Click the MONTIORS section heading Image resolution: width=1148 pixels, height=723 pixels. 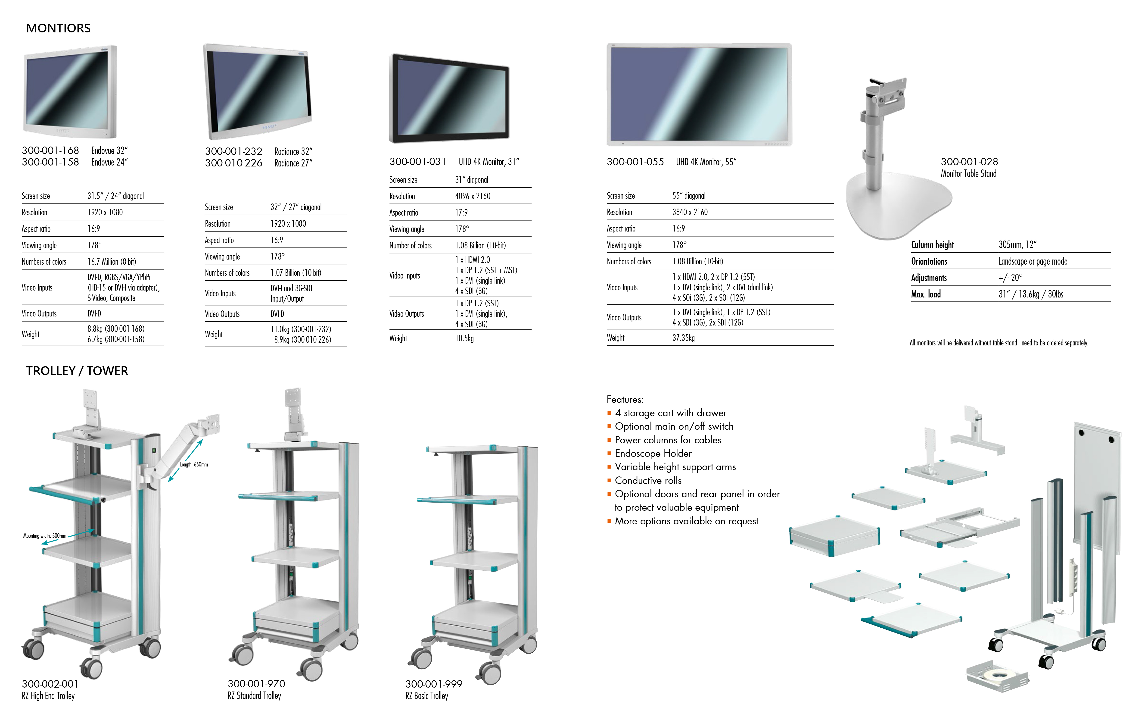[x=58, y=28]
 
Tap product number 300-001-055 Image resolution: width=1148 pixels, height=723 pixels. [x=635, y=162]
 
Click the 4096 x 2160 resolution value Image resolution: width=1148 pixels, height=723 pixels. [x=473, y=196]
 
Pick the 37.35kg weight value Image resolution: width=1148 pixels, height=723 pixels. [x=683, y=338]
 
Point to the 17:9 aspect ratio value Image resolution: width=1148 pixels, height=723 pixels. [x=461, y=213]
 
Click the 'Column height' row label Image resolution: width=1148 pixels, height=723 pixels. [x=932, y=245]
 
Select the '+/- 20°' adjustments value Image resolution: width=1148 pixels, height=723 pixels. [x=1010, y=278]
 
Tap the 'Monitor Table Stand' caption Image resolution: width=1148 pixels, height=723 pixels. [x=968, y=174]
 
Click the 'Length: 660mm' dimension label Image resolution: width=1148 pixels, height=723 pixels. [x=193, y=464]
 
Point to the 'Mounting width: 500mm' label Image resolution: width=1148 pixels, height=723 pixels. [x=45, y=535]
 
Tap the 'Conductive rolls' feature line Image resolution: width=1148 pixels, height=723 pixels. [x=648, y=480]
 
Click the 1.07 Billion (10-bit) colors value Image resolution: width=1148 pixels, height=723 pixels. [x=296, y=273]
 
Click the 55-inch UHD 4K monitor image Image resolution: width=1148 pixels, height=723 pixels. [x=699, y=94]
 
